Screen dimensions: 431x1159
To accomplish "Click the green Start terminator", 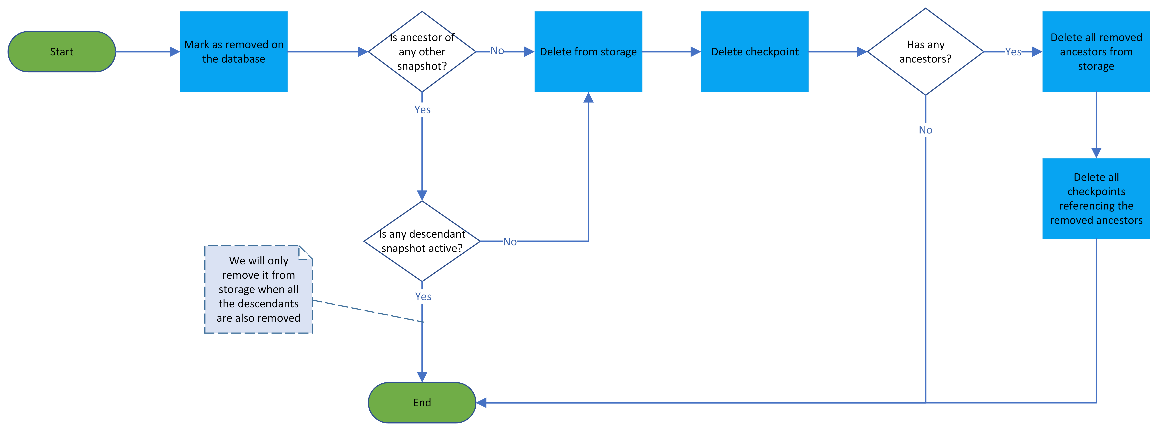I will coord(62,52).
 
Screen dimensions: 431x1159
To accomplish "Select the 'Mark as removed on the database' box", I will coord(234,52).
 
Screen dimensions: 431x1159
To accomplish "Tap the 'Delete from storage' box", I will coord(588,52).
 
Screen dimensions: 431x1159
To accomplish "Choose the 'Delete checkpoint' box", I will coord(755,52).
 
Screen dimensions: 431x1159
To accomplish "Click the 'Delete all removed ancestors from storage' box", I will coord(1096,52).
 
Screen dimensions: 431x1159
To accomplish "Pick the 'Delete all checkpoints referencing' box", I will coord(1096,198).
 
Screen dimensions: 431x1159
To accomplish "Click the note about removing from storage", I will coord(258,289).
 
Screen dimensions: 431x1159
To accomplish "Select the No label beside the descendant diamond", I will coord(510,242).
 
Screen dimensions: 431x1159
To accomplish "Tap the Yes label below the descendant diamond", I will coord(423,296).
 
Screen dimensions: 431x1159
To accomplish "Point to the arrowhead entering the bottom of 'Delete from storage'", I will coord(588,98).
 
